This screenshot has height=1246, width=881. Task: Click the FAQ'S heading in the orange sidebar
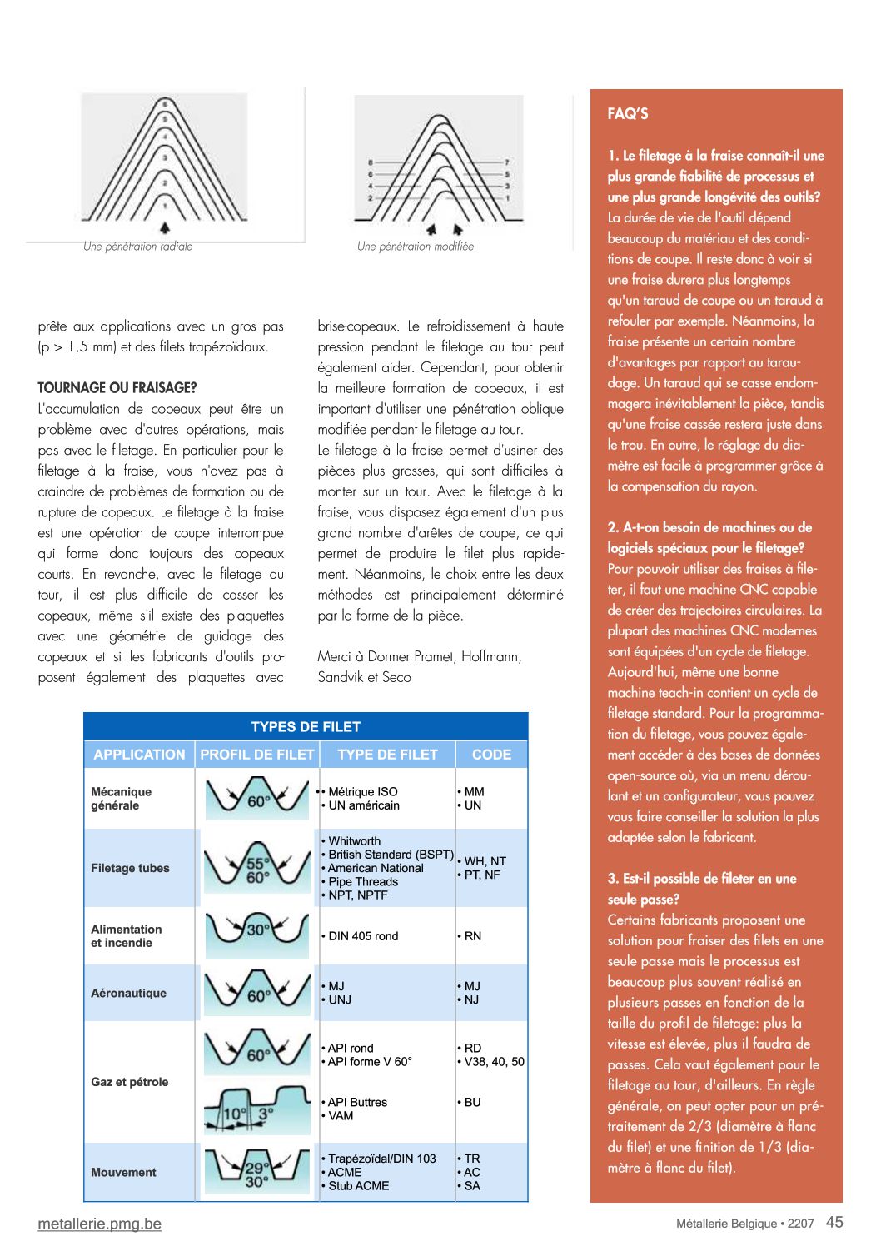point(628,114)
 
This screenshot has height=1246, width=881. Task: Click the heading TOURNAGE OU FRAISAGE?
point(117,388)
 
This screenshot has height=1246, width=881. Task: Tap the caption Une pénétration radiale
point(137,247)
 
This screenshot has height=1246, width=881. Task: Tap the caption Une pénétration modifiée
point(415,247)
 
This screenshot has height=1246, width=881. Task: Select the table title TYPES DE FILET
point(306,727)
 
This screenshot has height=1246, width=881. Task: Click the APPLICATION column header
point(139,755)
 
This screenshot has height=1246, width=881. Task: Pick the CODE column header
point(491,755)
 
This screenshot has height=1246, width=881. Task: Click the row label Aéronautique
point(128,994)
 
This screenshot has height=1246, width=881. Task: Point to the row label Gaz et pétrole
point(129,1082)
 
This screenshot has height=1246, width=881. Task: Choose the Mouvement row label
point(123,1173)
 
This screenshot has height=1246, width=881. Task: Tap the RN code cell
point(472,936)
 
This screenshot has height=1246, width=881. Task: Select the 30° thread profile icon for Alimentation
point(257,931)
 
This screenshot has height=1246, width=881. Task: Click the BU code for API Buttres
point(472,1103)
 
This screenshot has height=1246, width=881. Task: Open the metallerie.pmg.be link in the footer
point(100,1224)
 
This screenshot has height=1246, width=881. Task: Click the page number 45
point(834,1222)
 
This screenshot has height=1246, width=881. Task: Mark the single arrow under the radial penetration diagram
point(165,227)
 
